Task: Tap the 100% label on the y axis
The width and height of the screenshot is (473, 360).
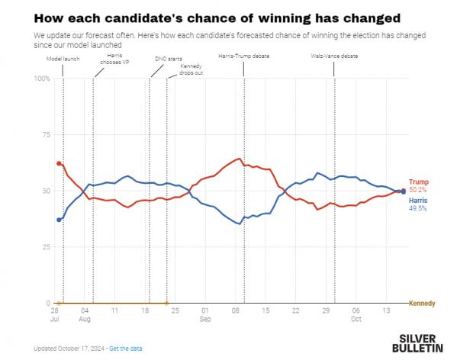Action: click(42, 79)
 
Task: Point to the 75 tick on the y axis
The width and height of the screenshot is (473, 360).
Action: click(45, 134)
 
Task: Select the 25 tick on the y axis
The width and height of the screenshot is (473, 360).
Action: click(45, 247)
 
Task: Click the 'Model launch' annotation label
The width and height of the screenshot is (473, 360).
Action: click(63, 57)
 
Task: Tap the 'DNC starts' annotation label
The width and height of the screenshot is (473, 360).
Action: click(164, 57)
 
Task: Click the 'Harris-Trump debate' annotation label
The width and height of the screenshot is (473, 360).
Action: click(243, 57)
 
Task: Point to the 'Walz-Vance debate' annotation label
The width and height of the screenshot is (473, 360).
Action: click(334, 57)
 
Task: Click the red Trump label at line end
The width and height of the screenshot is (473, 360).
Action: click(419, 182)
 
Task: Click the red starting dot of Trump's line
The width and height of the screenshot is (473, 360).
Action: click(59, 163)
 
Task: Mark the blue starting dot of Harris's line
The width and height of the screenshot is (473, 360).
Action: click(59, 220)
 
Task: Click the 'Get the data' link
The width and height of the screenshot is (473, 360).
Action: click(126, 349)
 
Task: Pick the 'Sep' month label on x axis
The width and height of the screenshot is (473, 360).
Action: click(204, 320)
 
